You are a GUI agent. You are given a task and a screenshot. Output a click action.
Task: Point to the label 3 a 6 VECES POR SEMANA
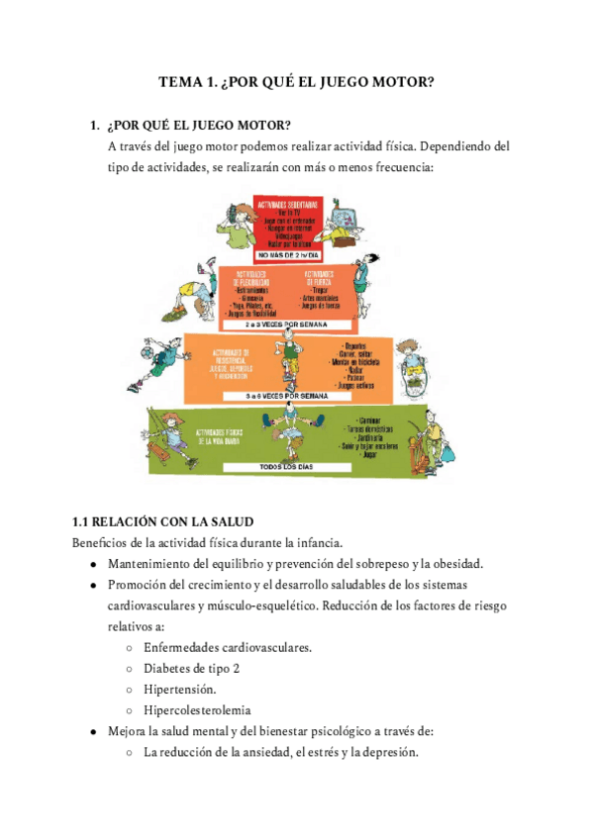coord(288,395)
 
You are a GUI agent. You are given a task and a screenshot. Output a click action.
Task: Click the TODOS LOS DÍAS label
coord(288,466)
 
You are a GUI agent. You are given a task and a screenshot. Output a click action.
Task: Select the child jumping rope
coord(288,356)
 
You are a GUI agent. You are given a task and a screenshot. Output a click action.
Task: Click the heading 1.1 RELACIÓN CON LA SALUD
coord(163,521)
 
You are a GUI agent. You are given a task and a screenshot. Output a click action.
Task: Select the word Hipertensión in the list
coord(180,689)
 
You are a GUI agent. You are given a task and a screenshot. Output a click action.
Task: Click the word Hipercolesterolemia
coord(197,709)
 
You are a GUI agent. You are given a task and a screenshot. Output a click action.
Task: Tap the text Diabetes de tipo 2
coord(191,668)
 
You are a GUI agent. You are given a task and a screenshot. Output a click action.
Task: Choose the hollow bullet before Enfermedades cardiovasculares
coord(131,648)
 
